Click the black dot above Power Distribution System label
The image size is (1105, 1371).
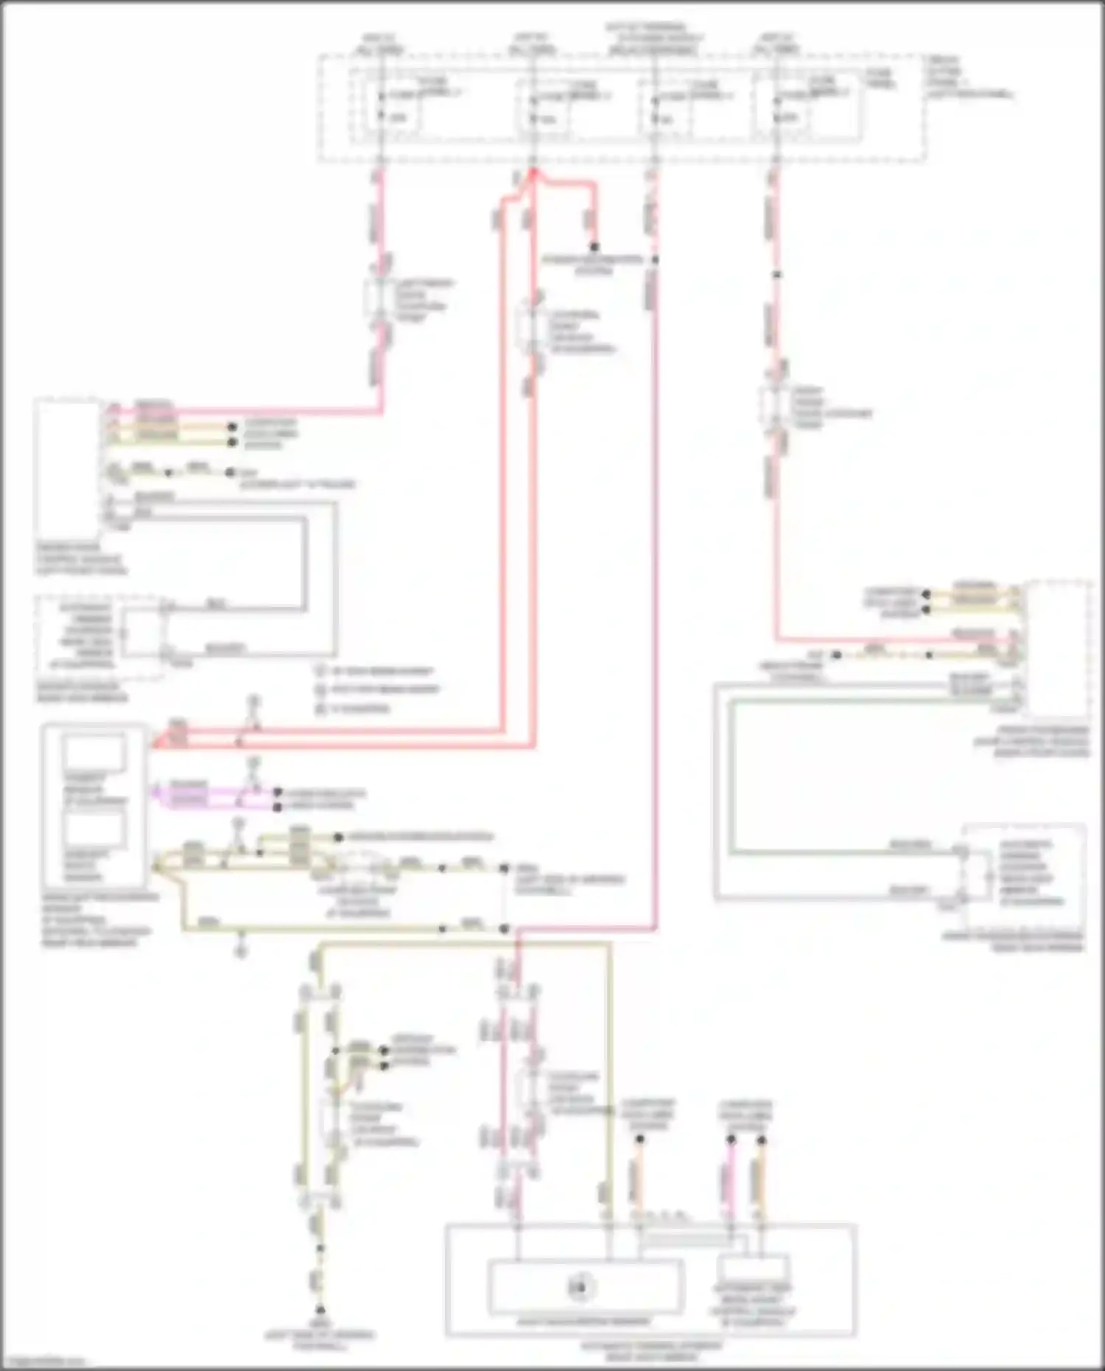click(x=594, y=246)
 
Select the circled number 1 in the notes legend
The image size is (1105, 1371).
click(x=320, y=671)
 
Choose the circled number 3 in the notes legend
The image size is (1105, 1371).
click(x=320, y=709)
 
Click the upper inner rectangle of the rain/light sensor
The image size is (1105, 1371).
click(x=94, y=753)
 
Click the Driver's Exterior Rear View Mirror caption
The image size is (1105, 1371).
click(x=81, y=692)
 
